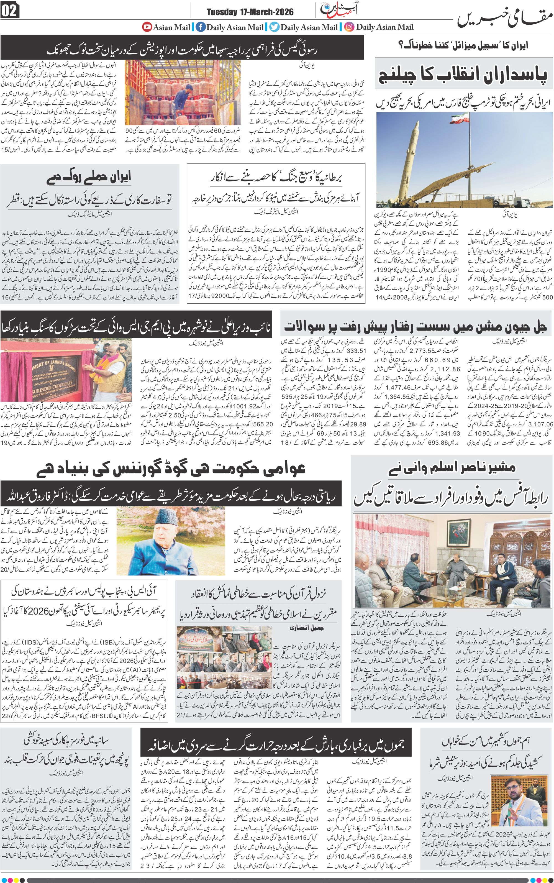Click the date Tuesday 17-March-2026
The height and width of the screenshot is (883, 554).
pyautogui.click(x=250, y=12)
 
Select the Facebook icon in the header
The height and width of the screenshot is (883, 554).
pyautogui.click(x=200, y=27)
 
